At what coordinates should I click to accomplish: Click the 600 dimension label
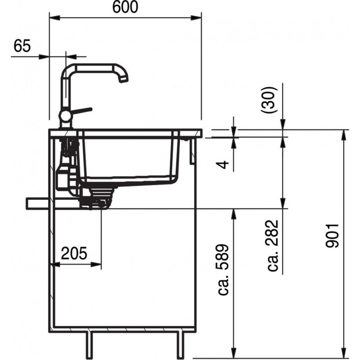pos(125,7)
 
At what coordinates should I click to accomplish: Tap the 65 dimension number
pos(22,46)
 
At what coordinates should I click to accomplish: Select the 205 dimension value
pos(74,253)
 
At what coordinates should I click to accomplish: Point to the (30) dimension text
pos(268,100)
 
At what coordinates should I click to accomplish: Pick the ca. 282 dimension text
pos(273,246)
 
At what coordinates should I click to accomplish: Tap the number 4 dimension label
pos(222,164)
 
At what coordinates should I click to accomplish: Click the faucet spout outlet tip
pos(123,80)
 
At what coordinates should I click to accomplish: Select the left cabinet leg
pos(89,344)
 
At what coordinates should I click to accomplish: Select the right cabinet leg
pos(180,344)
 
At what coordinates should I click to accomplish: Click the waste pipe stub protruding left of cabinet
pos(38,203)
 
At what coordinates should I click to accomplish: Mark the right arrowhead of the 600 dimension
pos(196,18)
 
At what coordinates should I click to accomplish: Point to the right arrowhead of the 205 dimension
pos(96,265)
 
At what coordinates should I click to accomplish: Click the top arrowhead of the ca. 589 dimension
pos(234,215)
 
